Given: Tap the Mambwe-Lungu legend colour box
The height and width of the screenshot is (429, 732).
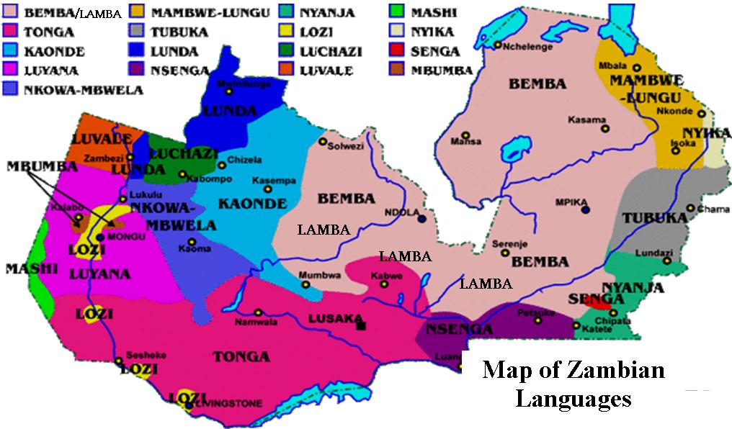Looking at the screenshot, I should coord(138,13).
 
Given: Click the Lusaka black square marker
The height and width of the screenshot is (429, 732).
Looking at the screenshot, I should coord(360,325).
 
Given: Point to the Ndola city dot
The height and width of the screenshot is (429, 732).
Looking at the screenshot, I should coord(421,220).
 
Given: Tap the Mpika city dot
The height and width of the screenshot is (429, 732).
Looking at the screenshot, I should coord(586,209).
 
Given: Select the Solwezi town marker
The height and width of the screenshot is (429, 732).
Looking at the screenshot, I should coord(323,141).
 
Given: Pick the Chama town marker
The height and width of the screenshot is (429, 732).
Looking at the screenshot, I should coord(690,209).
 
